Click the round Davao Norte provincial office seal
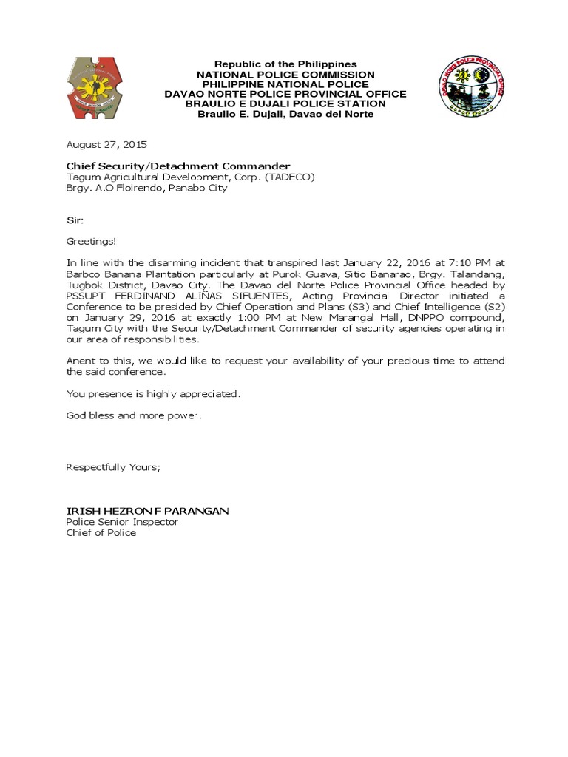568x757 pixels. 471,87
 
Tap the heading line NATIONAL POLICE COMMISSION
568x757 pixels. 285,75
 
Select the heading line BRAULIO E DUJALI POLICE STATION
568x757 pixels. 285,104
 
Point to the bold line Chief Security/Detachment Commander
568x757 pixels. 178,166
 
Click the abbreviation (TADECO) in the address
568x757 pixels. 291,177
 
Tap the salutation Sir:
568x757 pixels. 75,220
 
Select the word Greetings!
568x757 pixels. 91,241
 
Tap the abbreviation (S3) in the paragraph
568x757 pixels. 343,307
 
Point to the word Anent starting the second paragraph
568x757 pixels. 81,361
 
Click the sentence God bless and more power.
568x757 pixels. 134,415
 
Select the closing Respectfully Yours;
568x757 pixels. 113,467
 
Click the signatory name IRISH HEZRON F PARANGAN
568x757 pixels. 148,511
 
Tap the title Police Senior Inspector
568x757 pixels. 122,522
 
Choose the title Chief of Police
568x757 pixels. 101,533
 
